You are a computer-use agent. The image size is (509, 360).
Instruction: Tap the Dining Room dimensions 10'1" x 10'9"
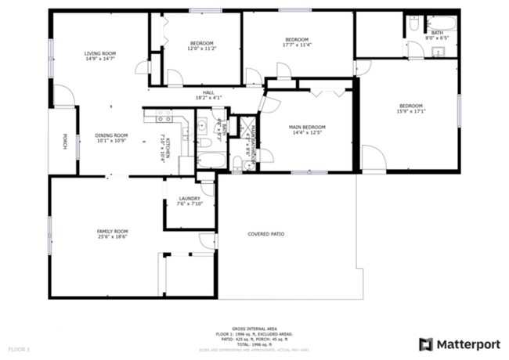(111, 141)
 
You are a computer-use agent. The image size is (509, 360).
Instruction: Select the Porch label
(65, 142)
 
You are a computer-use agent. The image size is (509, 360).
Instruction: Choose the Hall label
(208, 93)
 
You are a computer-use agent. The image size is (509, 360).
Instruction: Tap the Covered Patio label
(265, 234)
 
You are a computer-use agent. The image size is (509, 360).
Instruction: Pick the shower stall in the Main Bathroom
(247, 127)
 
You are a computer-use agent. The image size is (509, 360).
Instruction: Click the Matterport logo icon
(425, 344)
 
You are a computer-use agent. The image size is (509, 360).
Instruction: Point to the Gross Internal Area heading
(254, 329)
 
